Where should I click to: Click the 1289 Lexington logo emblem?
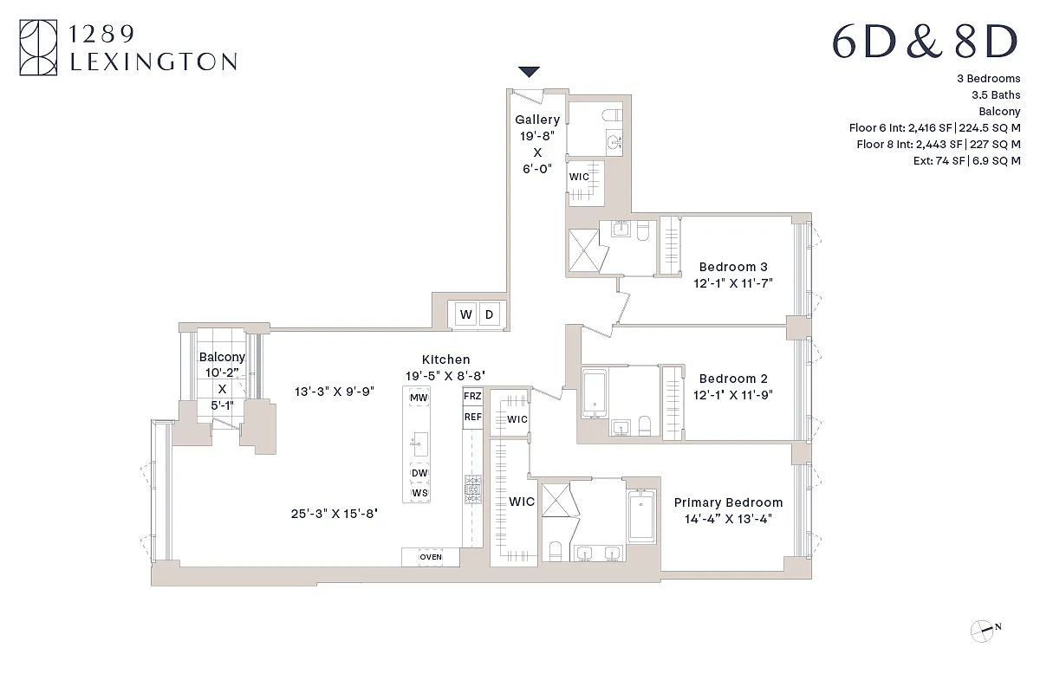(x=38, y=49)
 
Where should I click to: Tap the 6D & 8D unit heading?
(x=924, y=42)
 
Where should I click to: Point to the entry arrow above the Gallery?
(x=529, y=72)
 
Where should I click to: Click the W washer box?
(x=466, y=314)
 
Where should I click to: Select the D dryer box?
(x=489, y=314)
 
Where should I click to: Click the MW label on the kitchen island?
(x=419, y=398)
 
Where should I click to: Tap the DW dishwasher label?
(x=419, y=473)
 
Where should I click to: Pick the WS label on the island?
(x=419, y=493)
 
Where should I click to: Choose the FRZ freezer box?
(x=472, y=397)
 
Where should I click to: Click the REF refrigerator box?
(x=472, y=418)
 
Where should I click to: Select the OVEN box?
(x=431, y=557)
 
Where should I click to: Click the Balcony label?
(x=222, y=357)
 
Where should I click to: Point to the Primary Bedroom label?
(x=728, y=502)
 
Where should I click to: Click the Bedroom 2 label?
(x=733, y=379)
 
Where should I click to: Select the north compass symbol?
(x=982, y=630)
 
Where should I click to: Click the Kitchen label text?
(x=445, y=359)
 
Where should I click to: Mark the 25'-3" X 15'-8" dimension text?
(x=334, y=514)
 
